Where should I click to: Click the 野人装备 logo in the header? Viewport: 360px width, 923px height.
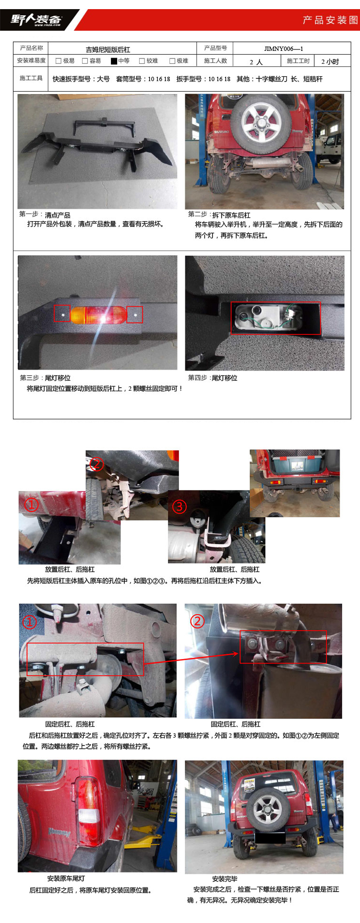pyautogui.click(x=36, y=20)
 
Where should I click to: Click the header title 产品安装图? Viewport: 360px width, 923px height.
pyautogui.click(x=330, y=20)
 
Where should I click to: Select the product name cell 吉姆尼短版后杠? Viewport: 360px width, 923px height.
pyautogui.click(x=108, y=49)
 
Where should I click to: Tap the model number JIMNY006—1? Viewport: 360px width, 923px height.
pyautogui.click(x=284, y=48)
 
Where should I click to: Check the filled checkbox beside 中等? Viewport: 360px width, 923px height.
pyautogui.click(x=114, y=61)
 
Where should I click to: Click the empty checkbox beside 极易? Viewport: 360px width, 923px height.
pyautogui.click(x=59, y=61)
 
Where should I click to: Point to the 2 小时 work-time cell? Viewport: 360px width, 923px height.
pyautogui.click(x=330, y=61)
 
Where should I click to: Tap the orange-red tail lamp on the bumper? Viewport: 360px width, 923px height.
pyautogui.click(x=98, y=315)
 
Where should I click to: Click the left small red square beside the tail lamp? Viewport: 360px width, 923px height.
pyautogui.click(x=62, y=314)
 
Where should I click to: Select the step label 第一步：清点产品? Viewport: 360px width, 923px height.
pyautogui.click(x=45, y=215)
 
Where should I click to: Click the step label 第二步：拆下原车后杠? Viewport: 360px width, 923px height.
pyautogui.click(x=219, y=215)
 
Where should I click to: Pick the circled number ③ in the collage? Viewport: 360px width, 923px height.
pyautogui.click(x=180, y=506)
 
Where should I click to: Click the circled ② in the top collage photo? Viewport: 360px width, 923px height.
pyautogui.click(x=96, y=464)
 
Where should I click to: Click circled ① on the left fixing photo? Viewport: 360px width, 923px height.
pyautogui.click(x=29, y=622)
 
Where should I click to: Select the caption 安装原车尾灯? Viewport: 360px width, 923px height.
pyautogui.click(x=66, y=878)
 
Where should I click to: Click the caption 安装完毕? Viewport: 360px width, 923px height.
pyautogui.click(x=225, y=878)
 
